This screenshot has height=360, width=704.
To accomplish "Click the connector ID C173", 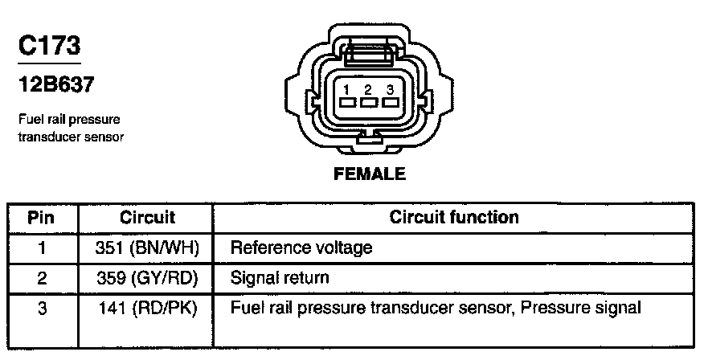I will (x=49, y=45).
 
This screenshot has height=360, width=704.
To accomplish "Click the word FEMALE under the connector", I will (x=370, y=173).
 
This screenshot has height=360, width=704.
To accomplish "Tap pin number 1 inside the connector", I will (x=348, y=89).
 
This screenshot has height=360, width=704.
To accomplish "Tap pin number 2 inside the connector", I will (x=369, y=89).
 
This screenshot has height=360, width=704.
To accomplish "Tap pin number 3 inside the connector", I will (x=390, y=89).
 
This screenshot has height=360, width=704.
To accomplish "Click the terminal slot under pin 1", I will (x=348, y=103).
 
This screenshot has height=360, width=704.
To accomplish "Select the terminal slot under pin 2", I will (x=369, y=103).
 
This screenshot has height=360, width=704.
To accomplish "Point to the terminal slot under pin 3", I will (x=390, y=103).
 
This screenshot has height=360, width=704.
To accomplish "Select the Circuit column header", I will (x=147, y=218).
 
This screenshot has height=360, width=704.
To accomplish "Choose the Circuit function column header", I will (x=453, y=218).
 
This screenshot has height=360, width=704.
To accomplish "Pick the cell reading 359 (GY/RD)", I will (x=147, y=278).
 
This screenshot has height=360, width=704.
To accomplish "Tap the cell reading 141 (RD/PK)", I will (x=147, y=308).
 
